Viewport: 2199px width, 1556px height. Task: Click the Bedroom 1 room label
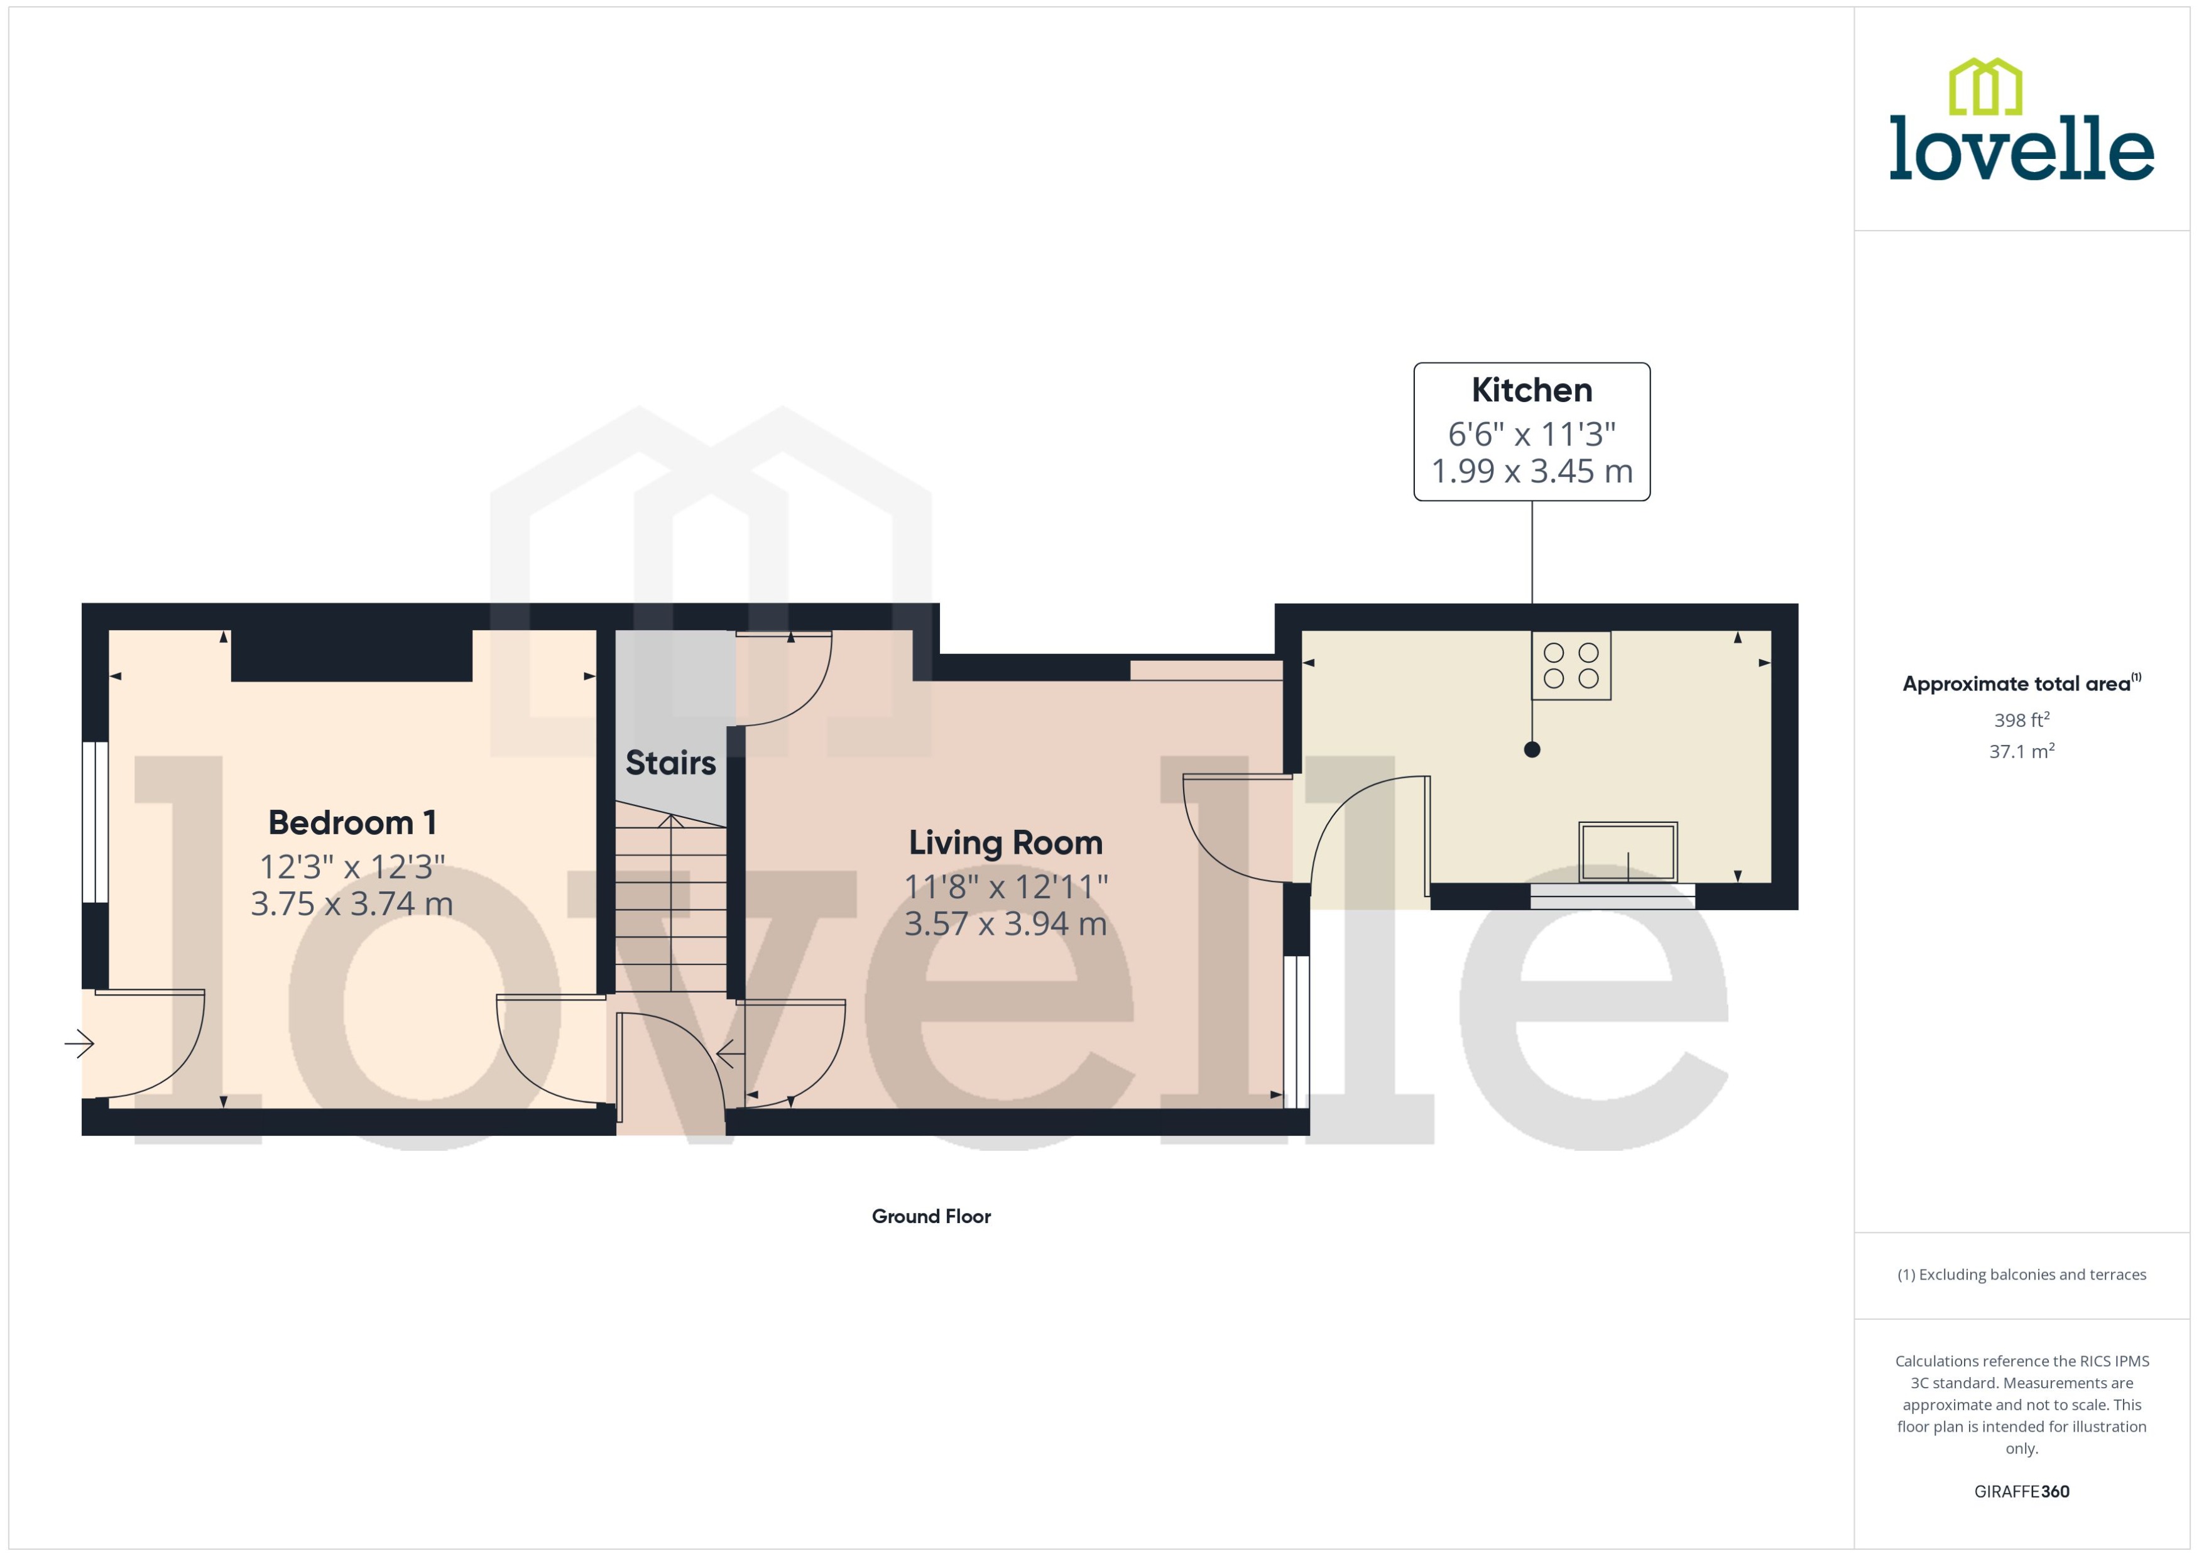pyautogui.click(x=352, y=823)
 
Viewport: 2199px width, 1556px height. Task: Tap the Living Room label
pyautogui.click(x=1005, y=843)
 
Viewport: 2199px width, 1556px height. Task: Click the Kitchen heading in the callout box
pyautogui.click(x=1531, y=391)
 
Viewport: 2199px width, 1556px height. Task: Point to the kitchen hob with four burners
pyautogui.click(x=1571, y=666)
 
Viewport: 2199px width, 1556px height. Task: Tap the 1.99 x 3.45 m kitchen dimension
pyautogui.click(x=1531, y=471)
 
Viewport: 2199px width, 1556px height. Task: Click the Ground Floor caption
pyautogui.click(x=930, y=1217)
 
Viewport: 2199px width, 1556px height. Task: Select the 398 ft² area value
pyautogui.click(x=2021, y=719)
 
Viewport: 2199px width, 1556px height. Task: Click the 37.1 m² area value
pyautogui.click(x=2021, y=751)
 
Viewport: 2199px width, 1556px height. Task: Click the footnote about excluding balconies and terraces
pyautogui.click(x=2021, y=1275)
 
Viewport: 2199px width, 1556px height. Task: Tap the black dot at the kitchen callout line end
pyautogui.click(x=1531, y=750)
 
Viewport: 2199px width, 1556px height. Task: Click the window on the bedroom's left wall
pyautogui.click(x=95, y=822)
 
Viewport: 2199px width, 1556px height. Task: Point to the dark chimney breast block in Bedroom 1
pyautogui.click(x=352, y=655)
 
